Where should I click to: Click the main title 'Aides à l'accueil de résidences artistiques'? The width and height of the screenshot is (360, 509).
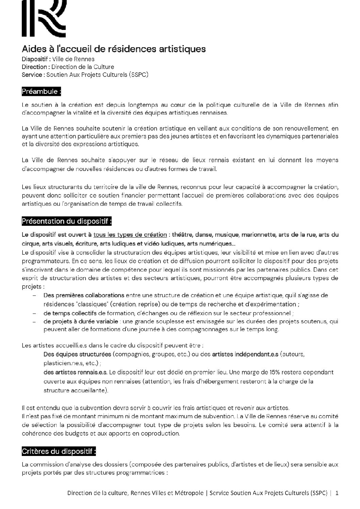[114, 49]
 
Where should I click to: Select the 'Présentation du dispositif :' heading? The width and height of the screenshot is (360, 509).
[67, 221]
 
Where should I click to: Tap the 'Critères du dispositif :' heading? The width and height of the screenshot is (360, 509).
[59, 452]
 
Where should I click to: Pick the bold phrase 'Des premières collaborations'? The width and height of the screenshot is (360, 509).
[84, 295]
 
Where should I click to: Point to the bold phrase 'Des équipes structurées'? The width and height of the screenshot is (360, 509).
[77, 354]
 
